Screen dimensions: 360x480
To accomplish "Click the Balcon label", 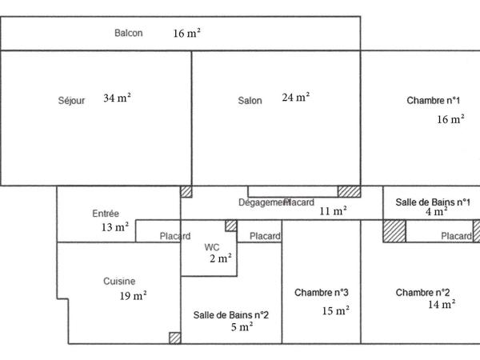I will click(129, 33).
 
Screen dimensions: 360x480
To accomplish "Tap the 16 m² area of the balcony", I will click(186, 34).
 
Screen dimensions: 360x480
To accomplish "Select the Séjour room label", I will click(71, 101).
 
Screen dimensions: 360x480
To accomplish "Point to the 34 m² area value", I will click(117, 98).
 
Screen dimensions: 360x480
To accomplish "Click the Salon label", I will click(250, 101).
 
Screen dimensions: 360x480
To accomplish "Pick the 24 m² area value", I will click(295, 98).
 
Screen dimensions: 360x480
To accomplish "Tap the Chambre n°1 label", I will click(434, 101).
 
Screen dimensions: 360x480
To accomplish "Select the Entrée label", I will click(106, 214).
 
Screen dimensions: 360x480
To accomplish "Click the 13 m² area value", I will click(115, 227).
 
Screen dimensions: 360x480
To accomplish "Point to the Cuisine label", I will click(119, 282).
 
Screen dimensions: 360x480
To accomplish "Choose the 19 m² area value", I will click(133, 296).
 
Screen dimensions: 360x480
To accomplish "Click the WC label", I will click(211, 246).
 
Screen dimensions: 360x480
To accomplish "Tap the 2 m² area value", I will click(220, 258).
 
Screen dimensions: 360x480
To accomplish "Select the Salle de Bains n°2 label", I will click(231, 314).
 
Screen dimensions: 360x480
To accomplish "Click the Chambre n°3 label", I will click(322, 292).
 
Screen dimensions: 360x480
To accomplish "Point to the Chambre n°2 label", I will click(423, 292).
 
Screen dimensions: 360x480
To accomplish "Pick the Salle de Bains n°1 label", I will click(433, 202).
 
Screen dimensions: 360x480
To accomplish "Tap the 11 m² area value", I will click(333, 212).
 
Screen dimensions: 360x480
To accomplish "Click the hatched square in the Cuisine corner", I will click(174, 338).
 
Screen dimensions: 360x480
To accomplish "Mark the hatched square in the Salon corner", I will click(348, 191).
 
